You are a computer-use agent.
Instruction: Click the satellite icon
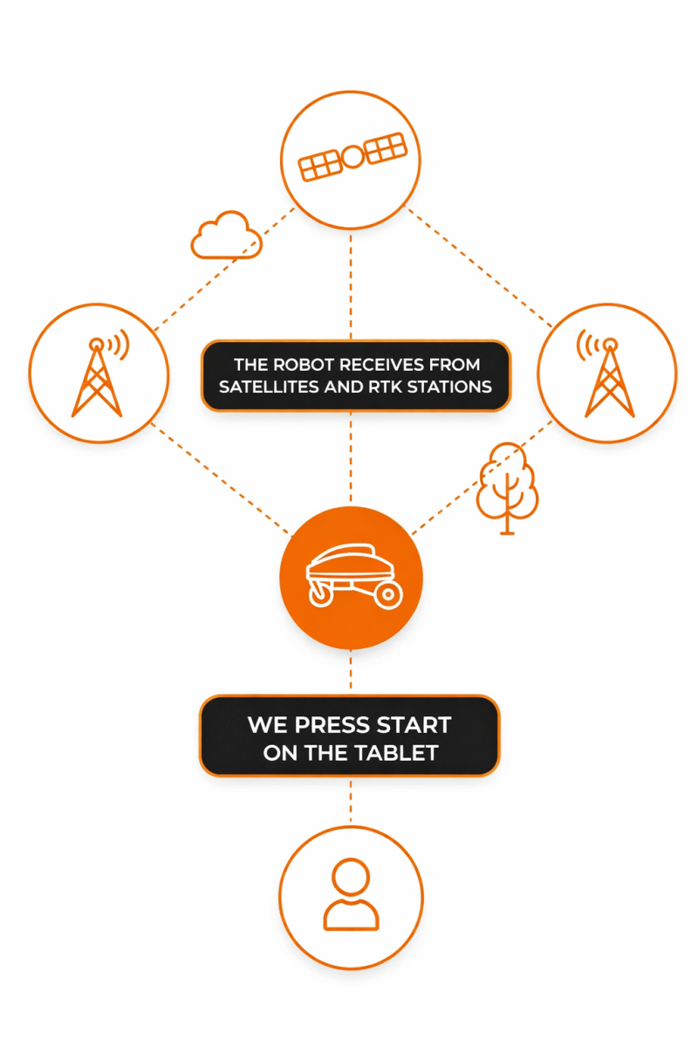coord(352,157)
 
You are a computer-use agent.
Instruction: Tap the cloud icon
coord(226,236)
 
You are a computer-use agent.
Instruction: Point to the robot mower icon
coord(352,576)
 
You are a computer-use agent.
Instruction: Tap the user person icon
coord(351,897)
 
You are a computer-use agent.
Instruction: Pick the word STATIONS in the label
coord(451,386)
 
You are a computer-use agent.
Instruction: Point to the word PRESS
coord(329,725)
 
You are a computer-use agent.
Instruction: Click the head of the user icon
coord(351,878)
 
